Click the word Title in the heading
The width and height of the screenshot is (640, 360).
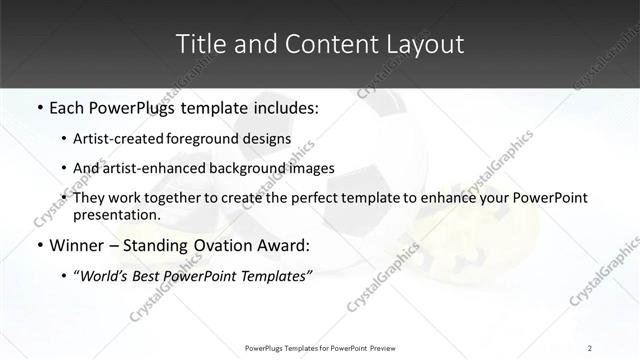[199, 44]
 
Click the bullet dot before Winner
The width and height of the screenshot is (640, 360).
[38, 245]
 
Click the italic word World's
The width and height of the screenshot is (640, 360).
[107, 275]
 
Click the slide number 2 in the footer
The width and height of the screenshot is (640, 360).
[590, 347]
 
